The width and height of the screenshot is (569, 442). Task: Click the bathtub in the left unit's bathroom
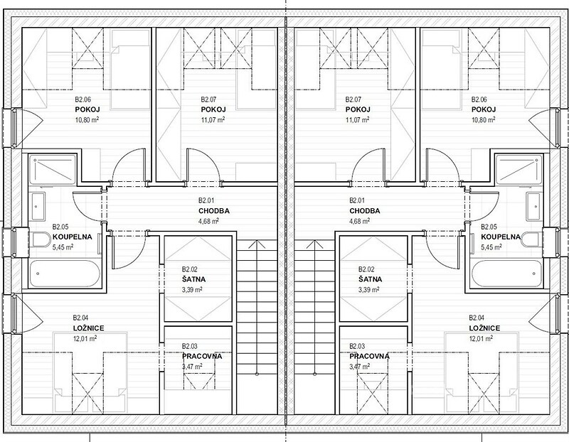pos(64,273)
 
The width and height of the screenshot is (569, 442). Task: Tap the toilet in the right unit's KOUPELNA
pos(531,239)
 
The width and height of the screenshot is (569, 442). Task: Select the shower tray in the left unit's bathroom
pos(53,170)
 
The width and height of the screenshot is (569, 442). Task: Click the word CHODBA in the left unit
pos(214,211)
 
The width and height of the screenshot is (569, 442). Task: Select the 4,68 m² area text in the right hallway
pos(360,221)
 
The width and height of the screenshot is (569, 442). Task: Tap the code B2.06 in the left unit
pos(83,99)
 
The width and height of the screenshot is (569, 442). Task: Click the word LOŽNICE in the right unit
pos(484,328)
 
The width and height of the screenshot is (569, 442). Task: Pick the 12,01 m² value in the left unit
pos(85,339)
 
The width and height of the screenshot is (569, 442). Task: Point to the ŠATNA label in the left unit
pos(193,279)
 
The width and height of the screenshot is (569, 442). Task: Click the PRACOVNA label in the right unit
pos(369,356)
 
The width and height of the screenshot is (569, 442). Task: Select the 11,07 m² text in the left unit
pos(213,119)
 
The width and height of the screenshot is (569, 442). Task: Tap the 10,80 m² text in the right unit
pos(484,119)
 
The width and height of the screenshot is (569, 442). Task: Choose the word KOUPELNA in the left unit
pos(73,237)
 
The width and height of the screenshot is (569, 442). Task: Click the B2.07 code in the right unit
pos(353,99)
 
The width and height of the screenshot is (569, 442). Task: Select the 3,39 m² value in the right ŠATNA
pos(368,289)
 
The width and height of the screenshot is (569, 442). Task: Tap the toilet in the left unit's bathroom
pos(41,239)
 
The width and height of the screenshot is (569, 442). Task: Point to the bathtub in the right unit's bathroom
pos(506,273)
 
